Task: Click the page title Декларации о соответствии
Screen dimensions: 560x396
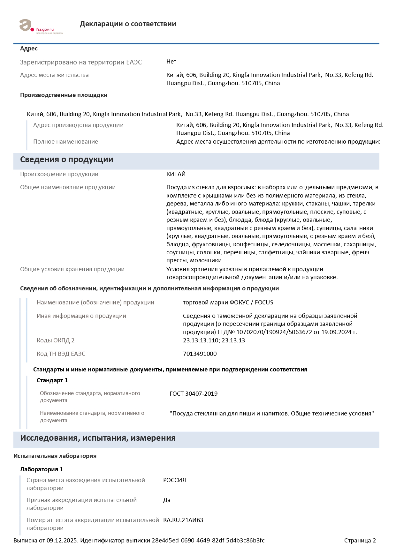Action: click(x=128, y=24)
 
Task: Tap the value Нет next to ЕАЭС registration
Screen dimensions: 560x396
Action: click(x=171, y=62)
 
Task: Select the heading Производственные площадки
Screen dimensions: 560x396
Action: click(x=64, y=95)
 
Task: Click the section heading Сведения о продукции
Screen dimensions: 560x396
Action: click(x=66, y=160)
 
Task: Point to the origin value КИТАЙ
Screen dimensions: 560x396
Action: click(x=176, y=174)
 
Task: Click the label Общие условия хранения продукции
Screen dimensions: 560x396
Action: click(x=72, y=269)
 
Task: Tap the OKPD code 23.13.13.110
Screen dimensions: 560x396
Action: click(x=200, y=340)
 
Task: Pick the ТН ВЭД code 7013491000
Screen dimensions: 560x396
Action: click(x=200, y=354)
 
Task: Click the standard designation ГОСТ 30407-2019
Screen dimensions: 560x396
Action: click(x=194, y=394)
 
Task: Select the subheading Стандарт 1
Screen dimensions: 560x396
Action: click(x=52, y=380)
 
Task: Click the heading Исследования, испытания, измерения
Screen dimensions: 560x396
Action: click(x=98, y=438)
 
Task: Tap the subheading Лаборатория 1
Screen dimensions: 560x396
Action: click(x=42, y=469)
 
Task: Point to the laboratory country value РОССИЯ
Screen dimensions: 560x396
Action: click(x=174, y=480)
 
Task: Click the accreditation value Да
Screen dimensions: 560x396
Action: click(x=167, y=500)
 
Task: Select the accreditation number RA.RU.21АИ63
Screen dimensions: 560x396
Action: click(x=183, y=520)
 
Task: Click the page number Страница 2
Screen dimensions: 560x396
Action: click(x=360, y=541)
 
